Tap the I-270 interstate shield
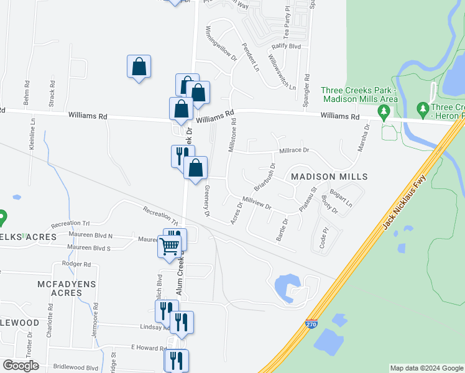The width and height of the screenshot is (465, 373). (311, 325)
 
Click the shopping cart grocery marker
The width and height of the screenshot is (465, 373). (170, 247)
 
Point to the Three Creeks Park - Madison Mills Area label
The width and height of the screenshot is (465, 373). (359, 94)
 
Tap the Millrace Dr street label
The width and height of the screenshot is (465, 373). (294, 150)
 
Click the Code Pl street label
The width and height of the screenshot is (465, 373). (323, 237)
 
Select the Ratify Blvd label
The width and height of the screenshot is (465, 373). (287, 47)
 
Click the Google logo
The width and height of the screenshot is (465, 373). (21, 366)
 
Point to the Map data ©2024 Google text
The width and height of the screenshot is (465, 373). (426, 368)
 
